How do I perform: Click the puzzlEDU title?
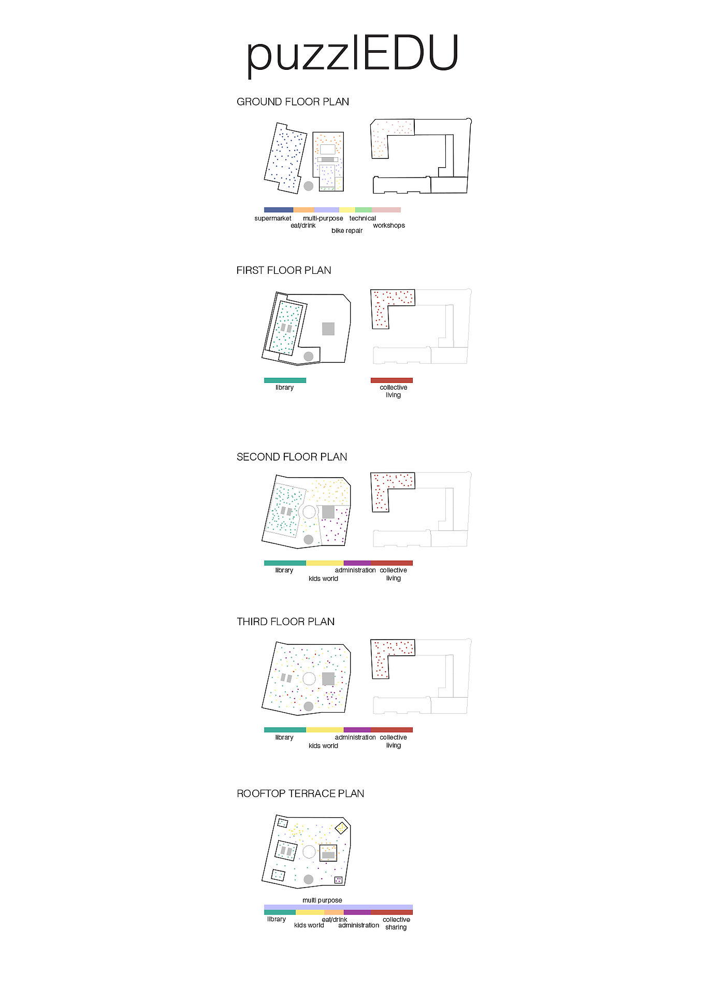tap(353, 54)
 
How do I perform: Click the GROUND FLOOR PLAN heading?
tap(293, 101)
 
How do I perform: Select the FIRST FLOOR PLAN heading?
tap(284, 270)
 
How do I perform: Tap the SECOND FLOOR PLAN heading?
tap(292, 457)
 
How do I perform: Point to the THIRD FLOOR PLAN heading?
tap(285, 622)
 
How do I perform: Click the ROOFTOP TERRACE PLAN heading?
tap(300, 793)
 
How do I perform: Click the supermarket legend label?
tap(272, 218)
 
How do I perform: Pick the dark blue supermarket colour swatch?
tap(279, 210)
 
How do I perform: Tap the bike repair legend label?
tap(347, 231)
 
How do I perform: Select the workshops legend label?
tap(389, 226)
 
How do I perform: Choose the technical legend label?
tap(363, 218)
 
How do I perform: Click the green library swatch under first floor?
tap(285, 380)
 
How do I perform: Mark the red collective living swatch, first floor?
tap(392, 380)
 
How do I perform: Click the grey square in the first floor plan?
tap(328, 329)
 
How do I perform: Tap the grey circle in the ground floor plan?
tap(309, 186)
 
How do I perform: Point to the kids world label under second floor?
tap(323, 579)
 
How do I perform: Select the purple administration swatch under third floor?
tap(357, 730)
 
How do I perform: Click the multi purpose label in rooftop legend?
tap(322, 900)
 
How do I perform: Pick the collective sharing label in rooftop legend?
tap(396, 923)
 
